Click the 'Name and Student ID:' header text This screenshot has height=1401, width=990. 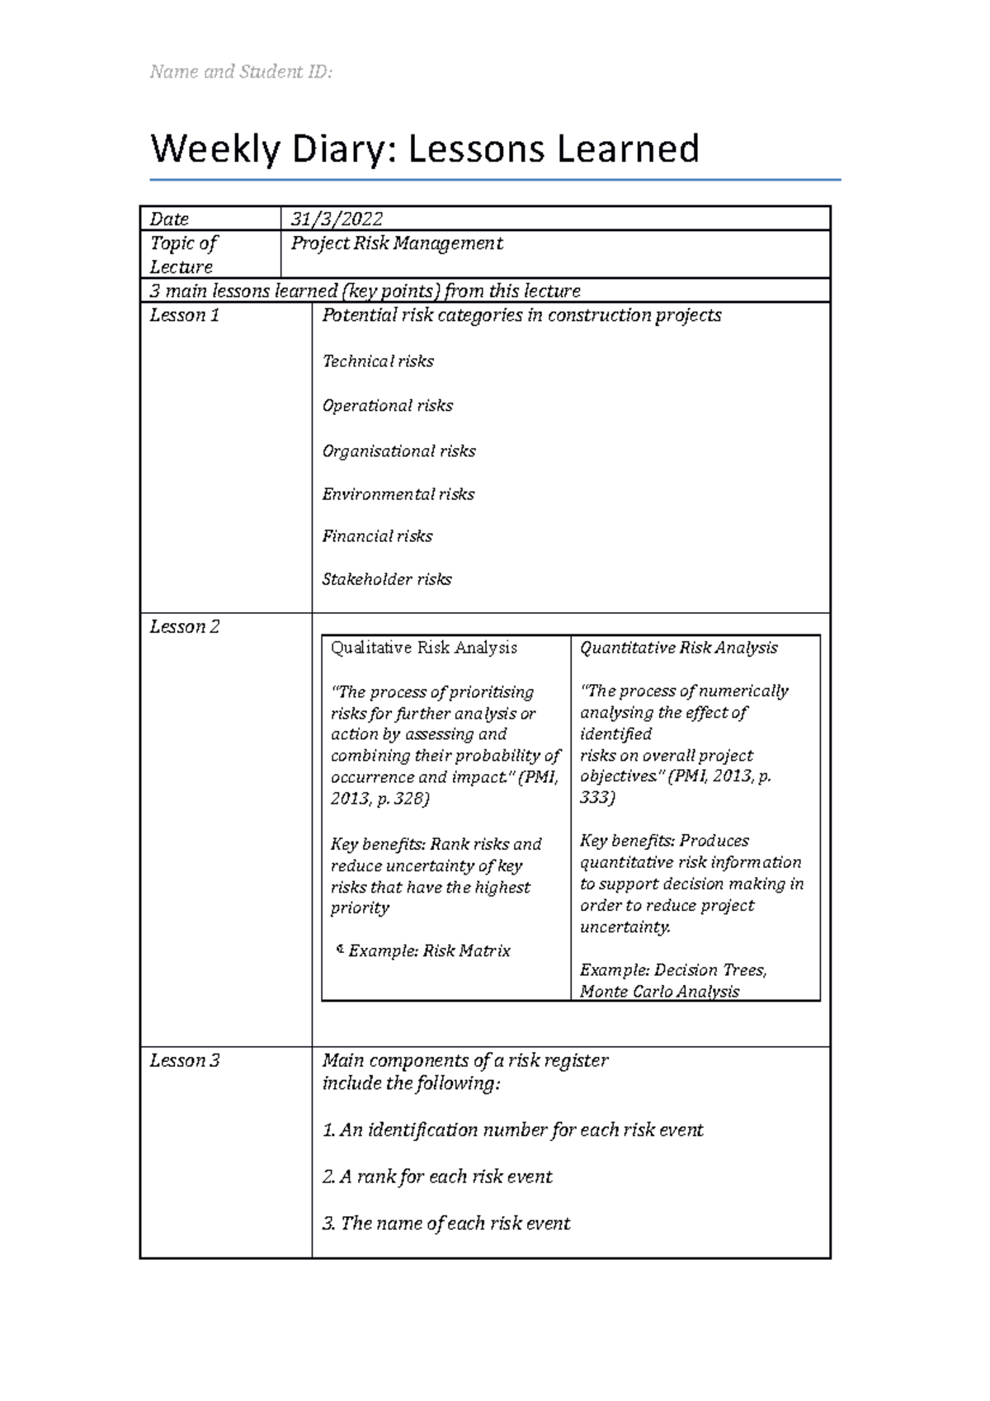click(x=241, y=72)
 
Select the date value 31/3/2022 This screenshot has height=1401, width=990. click(x=337, y=219)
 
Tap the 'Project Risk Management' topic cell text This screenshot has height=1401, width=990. click(x=397, y=243)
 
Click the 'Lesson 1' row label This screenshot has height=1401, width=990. click(x=184, y=315)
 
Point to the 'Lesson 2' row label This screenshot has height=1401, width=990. click(x=184, y=627)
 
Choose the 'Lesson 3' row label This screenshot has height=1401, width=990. click(x=184, y=1061)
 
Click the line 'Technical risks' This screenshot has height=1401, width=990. click(x=378, y=361)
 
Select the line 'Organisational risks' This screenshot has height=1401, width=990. click(x=398, y=451)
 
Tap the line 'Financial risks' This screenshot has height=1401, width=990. click(x=377, y=536)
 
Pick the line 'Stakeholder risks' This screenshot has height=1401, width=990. click(x=387, y=579)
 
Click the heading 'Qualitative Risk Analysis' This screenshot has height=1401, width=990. click(x=424, y=649)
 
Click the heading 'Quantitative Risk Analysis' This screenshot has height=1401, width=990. click(x=679, y=649)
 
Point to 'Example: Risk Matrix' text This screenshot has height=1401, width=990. click(x=429, y=951)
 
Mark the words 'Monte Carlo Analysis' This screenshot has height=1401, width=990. click(x=660, y=992)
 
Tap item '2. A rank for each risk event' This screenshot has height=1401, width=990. click(x=437, y=1177)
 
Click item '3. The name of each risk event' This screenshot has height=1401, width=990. click(x=446, y=1224)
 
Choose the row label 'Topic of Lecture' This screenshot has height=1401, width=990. click(x=183, y=255)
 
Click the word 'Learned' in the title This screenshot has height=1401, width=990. click(x=628, y=149)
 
